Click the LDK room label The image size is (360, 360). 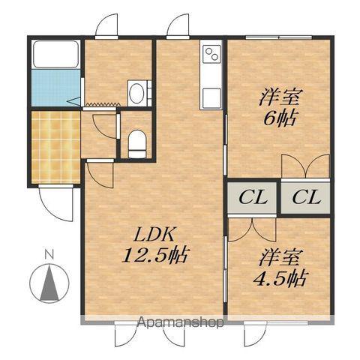coord(154,235)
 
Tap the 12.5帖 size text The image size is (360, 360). coord(155,255)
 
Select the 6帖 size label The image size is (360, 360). coord(280,118)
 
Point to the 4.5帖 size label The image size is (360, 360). coord(280,278)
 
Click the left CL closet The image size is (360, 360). coord(252,198)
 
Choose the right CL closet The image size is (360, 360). coord(305,198)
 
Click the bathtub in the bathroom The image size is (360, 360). coord(55,54)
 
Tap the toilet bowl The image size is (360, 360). coord(136,144)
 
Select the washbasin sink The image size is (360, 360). coord(137,93)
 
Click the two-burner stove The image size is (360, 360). coord(212,55)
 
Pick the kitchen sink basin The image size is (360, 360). coord(211,98)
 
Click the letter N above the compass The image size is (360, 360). coord(49,254)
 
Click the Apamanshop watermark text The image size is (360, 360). coord(181,322)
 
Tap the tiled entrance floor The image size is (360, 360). coord(55,147)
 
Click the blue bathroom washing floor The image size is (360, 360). coord(55,88)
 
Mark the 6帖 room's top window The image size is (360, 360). coord(279,37)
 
